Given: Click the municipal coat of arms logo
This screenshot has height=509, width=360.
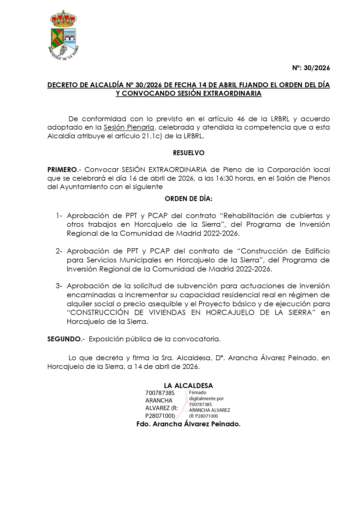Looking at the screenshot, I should [64, 35].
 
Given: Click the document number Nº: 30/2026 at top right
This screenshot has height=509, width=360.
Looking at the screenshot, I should [311, 68].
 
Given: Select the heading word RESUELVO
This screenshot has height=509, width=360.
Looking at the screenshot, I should [189, 153].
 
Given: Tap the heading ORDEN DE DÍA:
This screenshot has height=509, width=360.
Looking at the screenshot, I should [189, 199].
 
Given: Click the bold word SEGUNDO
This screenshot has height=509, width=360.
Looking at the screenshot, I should [64, 339].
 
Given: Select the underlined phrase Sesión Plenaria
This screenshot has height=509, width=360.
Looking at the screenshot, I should [129, 127].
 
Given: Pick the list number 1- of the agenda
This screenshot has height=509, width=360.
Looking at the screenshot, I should [59, 216].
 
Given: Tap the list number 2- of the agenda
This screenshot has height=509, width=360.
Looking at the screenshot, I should [59, 251].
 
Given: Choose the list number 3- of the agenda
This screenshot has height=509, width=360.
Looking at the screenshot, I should [59, 286].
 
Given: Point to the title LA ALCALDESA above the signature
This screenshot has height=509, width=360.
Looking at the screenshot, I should [189, 386].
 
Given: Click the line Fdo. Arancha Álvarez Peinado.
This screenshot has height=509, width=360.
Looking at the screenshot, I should [189, 424].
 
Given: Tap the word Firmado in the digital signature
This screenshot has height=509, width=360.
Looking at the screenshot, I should [198, 392].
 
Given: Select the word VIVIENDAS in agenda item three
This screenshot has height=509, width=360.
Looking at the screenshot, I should [167, 313].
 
